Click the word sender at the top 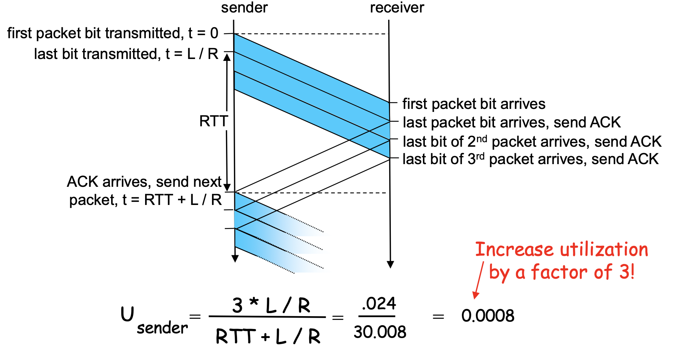244,8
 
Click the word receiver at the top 397,8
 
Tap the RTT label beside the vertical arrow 214,121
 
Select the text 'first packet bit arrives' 474,104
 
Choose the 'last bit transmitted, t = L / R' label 126,54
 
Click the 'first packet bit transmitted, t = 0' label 113,33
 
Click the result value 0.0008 488,315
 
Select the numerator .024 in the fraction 379,304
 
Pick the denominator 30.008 380,332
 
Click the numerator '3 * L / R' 271,306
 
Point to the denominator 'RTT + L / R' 268,336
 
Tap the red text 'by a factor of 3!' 562,272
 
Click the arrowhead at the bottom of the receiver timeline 390,264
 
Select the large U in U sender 127,314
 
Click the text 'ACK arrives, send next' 144,182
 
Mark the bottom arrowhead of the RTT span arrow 227,188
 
